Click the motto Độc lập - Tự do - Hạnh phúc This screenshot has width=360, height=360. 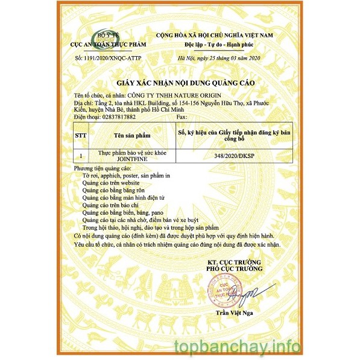(214, 45)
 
